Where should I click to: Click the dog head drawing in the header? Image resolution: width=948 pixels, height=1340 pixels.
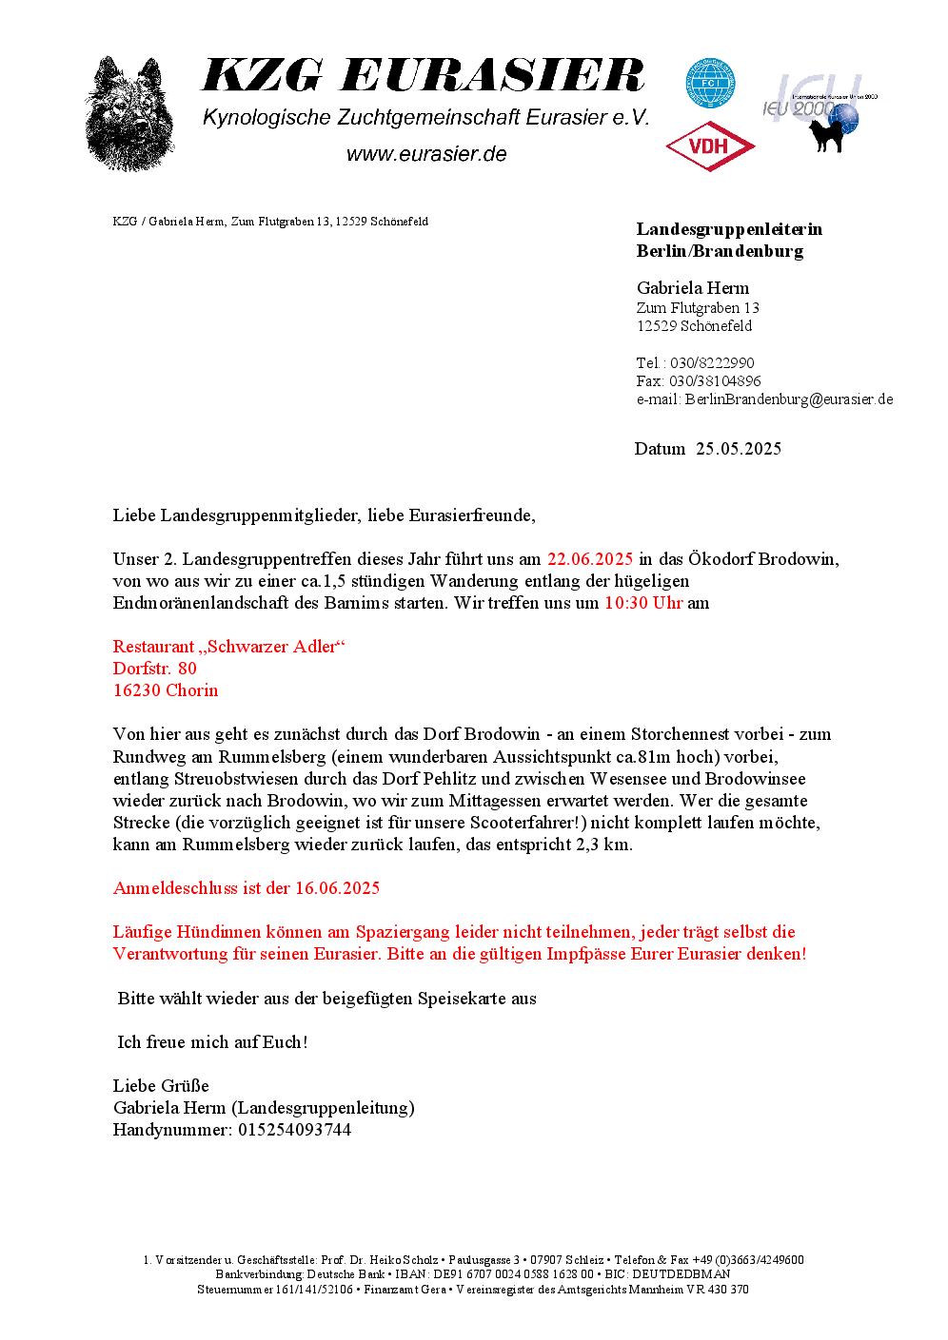tap(129, 114)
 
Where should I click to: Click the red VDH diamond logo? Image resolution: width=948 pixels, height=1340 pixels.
tap(710, 146)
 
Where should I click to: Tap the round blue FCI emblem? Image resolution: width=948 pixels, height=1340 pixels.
tap(710, 84)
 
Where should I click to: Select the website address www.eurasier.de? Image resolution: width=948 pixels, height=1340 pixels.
tap(426, 154)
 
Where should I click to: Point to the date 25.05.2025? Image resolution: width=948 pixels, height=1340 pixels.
tap(739, 449)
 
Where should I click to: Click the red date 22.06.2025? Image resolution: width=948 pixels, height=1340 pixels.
tap(590, 559)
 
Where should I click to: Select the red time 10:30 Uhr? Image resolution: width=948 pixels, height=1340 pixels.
tap(643, 603)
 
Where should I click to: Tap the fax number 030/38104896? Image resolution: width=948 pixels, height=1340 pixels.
tap(715, 381)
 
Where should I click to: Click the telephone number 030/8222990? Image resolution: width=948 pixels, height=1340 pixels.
tap(712, 363)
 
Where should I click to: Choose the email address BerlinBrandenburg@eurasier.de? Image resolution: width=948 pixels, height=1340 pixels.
tap(789, 399)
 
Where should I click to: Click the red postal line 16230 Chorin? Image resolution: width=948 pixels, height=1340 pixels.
tap(166, 690)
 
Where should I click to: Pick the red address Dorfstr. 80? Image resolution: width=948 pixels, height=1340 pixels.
tap(155, 669)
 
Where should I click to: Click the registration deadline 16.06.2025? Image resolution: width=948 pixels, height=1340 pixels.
tap(337, 888)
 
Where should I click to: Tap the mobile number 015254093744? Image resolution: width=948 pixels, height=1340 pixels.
tap(294, 1130)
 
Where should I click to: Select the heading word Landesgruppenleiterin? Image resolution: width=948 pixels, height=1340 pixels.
tap(729, 229)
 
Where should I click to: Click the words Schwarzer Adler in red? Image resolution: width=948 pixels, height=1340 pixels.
tap(272, 647)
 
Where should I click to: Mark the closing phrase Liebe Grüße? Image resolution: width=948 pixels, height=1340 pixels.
tap(161, 1086)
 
